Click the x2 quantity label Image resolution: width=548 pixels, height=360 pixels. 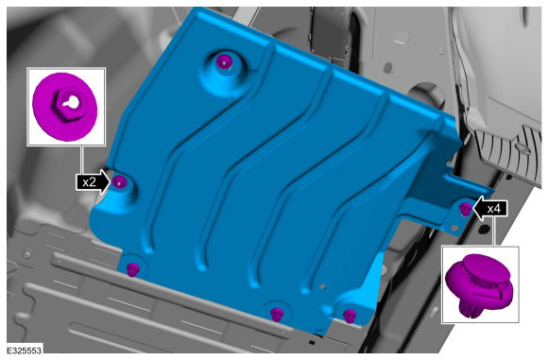coord(89,182)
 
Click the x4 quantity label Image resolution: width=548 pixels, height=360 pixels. coord(494,209)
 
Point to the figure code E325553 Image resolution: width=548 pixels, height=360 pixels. coord(25,351)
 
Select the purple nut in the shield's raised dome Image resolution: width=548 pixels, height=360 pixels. coord(223,61)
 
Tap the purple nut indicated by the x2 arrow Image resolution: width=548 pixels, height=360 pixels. coord(119,181)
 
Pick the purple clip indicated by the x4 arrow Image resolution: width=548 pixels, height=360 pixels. coord(465,209)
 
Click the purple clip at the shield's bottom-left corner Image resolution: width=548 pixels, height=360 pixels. coord(133,269)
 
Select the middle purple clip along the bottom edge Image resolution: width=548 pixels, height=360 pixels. coord(277,314)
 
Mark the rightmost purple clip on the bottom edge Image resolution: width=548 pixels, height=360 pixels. coord(350,316)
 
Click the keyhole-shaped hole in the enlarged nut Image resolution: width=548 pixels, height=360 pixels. coord(71,102)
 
